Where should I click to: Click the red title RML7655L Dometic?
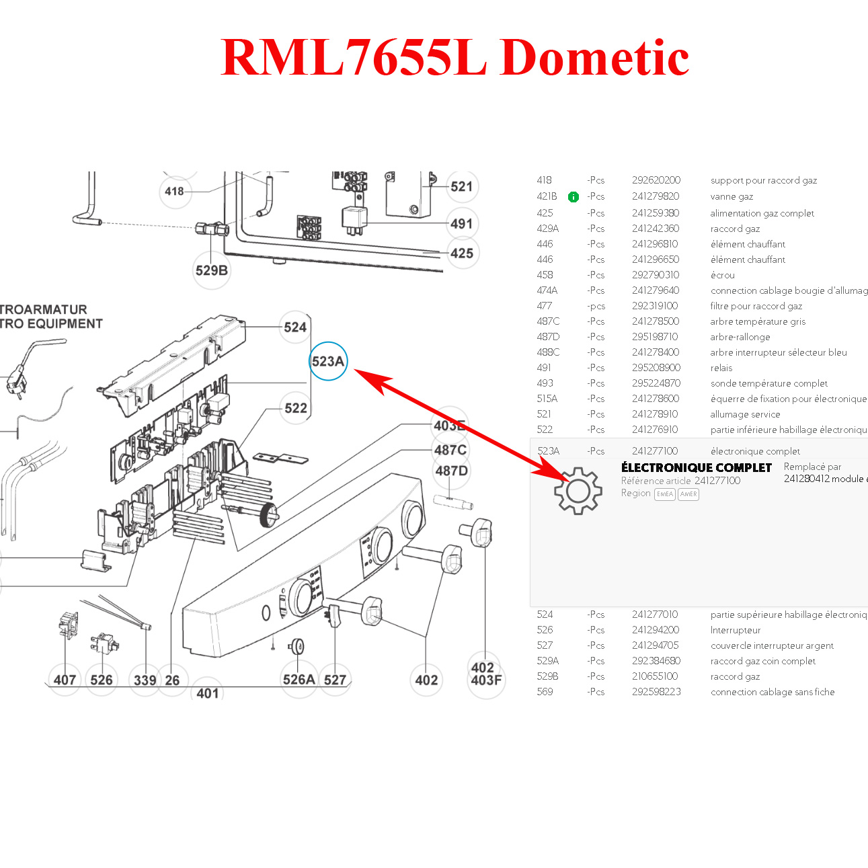pyautogui.click(x=455, y=57)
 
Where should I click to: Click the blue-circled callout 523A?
pyautogui.click(x=328, y=361)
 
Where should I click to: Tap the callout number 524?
pyautogui.click(x=295, y=327)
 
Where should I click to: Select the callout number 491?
pyautogui.click(x=461, y=223)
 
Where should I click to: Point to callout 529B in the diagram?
pyautogui.click(x=211, y=270)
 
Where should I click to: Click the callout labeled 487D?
pyautogui.click(x=451, y=471)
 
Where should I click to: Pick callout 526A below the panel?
pyautogui.click(x=299, y=679)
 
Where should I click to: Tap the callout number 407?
pyautogui.click(x=65, y=680)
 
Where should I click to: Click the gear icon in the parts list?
pyautogui.click(x=578, y=491)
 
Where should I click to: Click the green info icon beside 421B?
pyautogui.click(x=573, y=197)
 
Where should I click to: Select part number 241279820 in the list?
pyautogui.click(x=656, y=196)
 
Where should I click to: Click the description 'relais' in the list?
pyautogui.click(x=721, y=368)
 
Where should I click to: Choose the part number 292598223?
pyautogui.click(x=656, y=692)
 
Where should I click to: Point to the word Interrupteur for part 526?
pyautogui.click(x=736, y=630)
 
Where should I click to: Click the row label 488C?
pyautogui.click(x=548, y=352)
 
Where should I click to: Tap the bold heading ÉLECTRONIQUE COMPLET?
pyautogui.click(x=696, y=467)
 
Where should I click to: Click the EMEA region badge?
pyautogui.click(x=664, y=494)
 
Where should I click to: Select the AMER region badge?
pyautogui.click(x=688, y=494)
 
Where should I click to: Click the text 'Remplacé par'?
pyautogui.click(x=812, y=467)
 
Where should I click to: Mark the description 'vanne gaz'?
pyautogui.click(x=732, y=196)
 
